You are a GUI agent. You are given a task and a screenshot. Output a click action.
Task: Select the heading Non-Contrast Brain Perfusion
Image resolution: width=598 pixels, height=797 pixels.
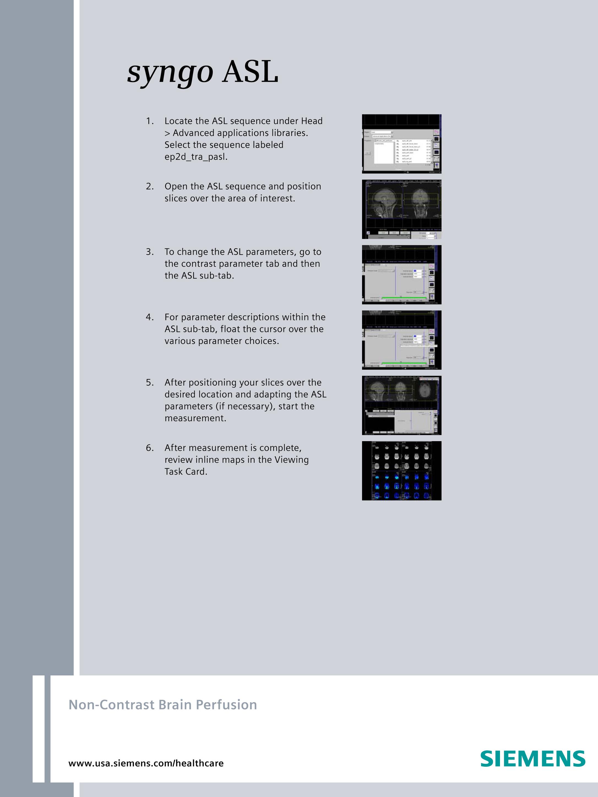pos(162,705)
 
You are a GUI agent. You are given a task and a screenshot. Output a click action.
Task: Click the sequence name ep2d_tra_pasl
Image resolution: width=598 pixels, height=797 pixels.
pos(196,157)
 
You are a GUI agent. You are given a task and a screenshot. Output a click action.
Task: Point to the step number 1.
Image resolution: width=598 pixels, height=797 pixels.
pos(149,121)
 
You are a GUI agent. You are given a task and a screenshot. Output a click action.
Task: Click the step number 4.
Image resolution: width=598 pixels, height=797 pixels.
pos(149,317)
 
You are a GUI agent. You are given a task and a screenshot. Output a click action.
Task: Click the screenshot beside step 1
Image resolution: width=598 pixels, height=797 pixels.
pos(401,144)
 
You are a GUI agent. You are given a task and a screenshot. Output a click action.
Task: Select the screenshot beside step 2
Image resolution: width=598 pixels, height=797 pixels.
pos(401,209)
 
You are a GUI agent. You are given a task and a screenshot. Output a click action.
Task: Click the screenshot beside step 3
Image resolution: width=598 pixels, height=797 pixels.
pos(401,275)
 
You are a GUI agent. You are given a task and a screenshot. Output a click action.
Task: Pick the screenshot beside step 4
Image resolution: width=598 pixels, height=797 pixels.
pos(401,340)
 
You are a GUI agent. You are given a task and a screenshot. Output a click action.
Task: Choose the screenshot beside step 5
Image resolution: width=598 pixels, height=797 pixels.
pos(401,405)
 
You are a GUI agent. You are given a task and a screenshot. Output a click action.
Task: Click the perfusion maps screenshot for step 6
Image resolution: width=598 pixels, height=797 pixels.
pos(401,471)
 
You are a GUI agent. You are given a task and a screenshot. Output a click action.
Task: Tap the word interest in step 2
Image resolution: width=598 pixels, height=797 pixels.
pos(279,198)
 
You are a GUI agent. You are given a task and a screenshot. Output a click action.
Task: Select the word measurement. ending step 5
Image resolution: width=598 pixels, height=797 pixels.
pos(195,418)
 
